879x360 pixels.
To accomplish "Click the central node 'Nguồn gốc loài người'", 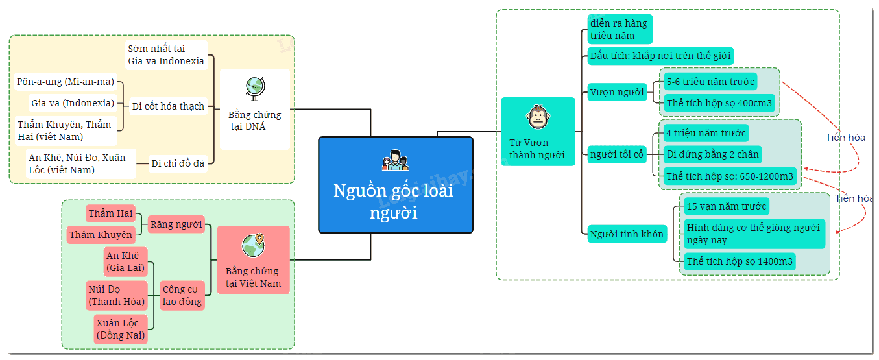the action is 396,185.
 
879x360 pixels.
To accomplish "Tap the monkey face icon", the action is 538,117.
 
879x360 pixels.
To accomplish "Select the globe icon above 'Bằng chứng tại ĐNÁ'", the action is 255,89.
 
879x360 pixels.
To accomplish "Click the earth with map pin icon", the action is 254,245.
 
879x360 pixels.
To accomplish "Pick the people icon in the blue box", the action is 396,160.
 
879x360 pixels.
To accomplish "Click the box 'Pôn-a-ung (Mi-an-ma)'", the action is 66,82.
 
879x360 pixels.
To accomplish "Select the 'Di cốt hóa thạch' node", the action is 169,106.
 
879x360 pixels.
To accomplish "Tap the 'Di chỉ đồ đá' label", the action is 178,163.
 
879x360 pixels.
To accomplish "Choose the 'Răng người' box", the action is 176,224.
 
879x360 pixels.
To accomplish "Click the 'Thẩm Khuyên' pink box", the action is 101,235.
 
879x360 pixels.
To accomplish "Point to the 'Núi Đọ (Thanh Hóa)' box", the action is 117,295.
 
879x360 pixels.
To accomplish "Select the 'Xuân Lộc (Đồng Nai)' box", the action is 121,329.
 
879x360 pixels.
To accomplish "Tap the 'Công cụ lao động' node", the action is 182,295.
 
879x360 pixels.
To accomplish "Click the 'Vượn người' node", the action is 617,92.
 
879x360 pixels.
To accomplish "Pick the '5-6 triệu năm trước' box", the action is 710,82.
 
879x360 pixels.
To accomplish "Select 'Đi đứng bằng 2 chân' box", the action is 713,154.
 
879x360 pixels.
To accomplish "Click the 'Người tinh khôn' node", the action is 627,234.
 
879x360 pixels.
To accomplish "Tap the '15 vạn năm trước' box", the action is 727,206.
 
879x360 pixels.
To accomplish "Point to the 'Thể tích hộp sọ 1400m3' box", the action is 740,261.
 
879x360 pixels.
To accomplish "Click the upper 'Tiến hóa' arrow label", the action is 845,138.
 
